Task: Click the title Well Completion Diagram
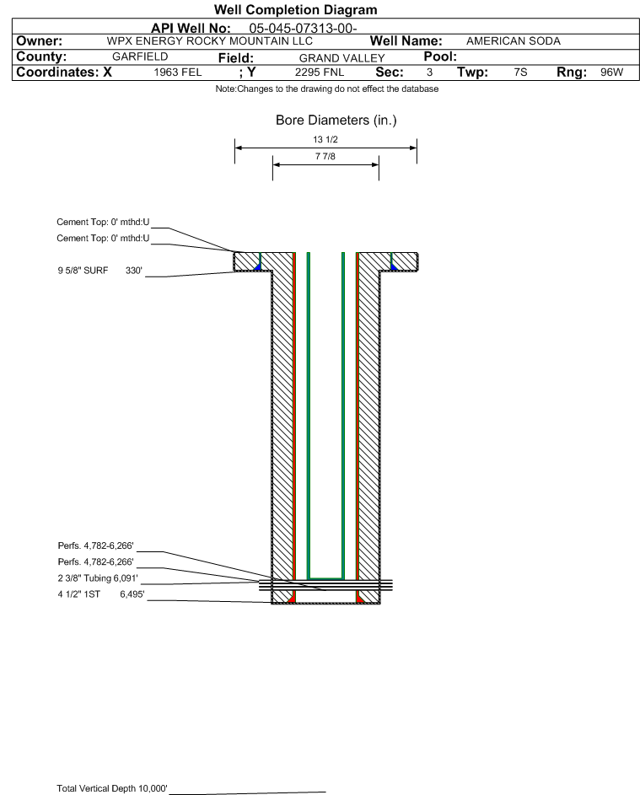[x=296, y=9]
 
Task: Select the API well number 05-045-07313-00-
[x=303, y=29]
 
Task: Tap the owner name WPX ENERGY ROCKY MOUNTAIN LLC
[x=209, y=41]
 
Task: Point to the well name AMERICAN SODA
[x=514, y=41]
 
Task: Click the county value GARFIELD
[x=140, y=56]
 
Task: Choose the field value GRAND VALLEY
[x=342, y=58]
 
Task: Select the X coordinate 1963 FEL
[x=177, y=72]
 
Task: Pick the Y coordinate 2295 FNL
[x=320, y=72]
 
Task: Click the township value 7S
[x=520, y=72]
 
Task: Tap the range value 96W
[x=611, y=72]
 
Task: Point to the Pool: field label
[x=440, y=56]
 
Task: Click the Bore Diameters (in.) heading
[x=336, y=121]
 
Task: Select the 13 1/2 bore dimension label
[x=325, y=139]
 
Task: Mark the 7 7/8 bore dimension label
[x=325, y=156]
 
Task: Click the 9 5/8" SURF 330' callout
[x=99, y=271]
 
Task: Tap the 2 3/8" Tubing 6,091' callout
[x=98, y=578]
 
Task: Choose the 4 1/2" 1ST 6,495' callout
[x=101, y=594]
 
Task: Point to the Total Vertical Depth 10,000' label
[x=112, y=788]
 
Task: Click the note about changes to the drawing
[x=326, y=89]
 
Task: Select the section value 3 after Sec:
[x=429, y=72]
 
